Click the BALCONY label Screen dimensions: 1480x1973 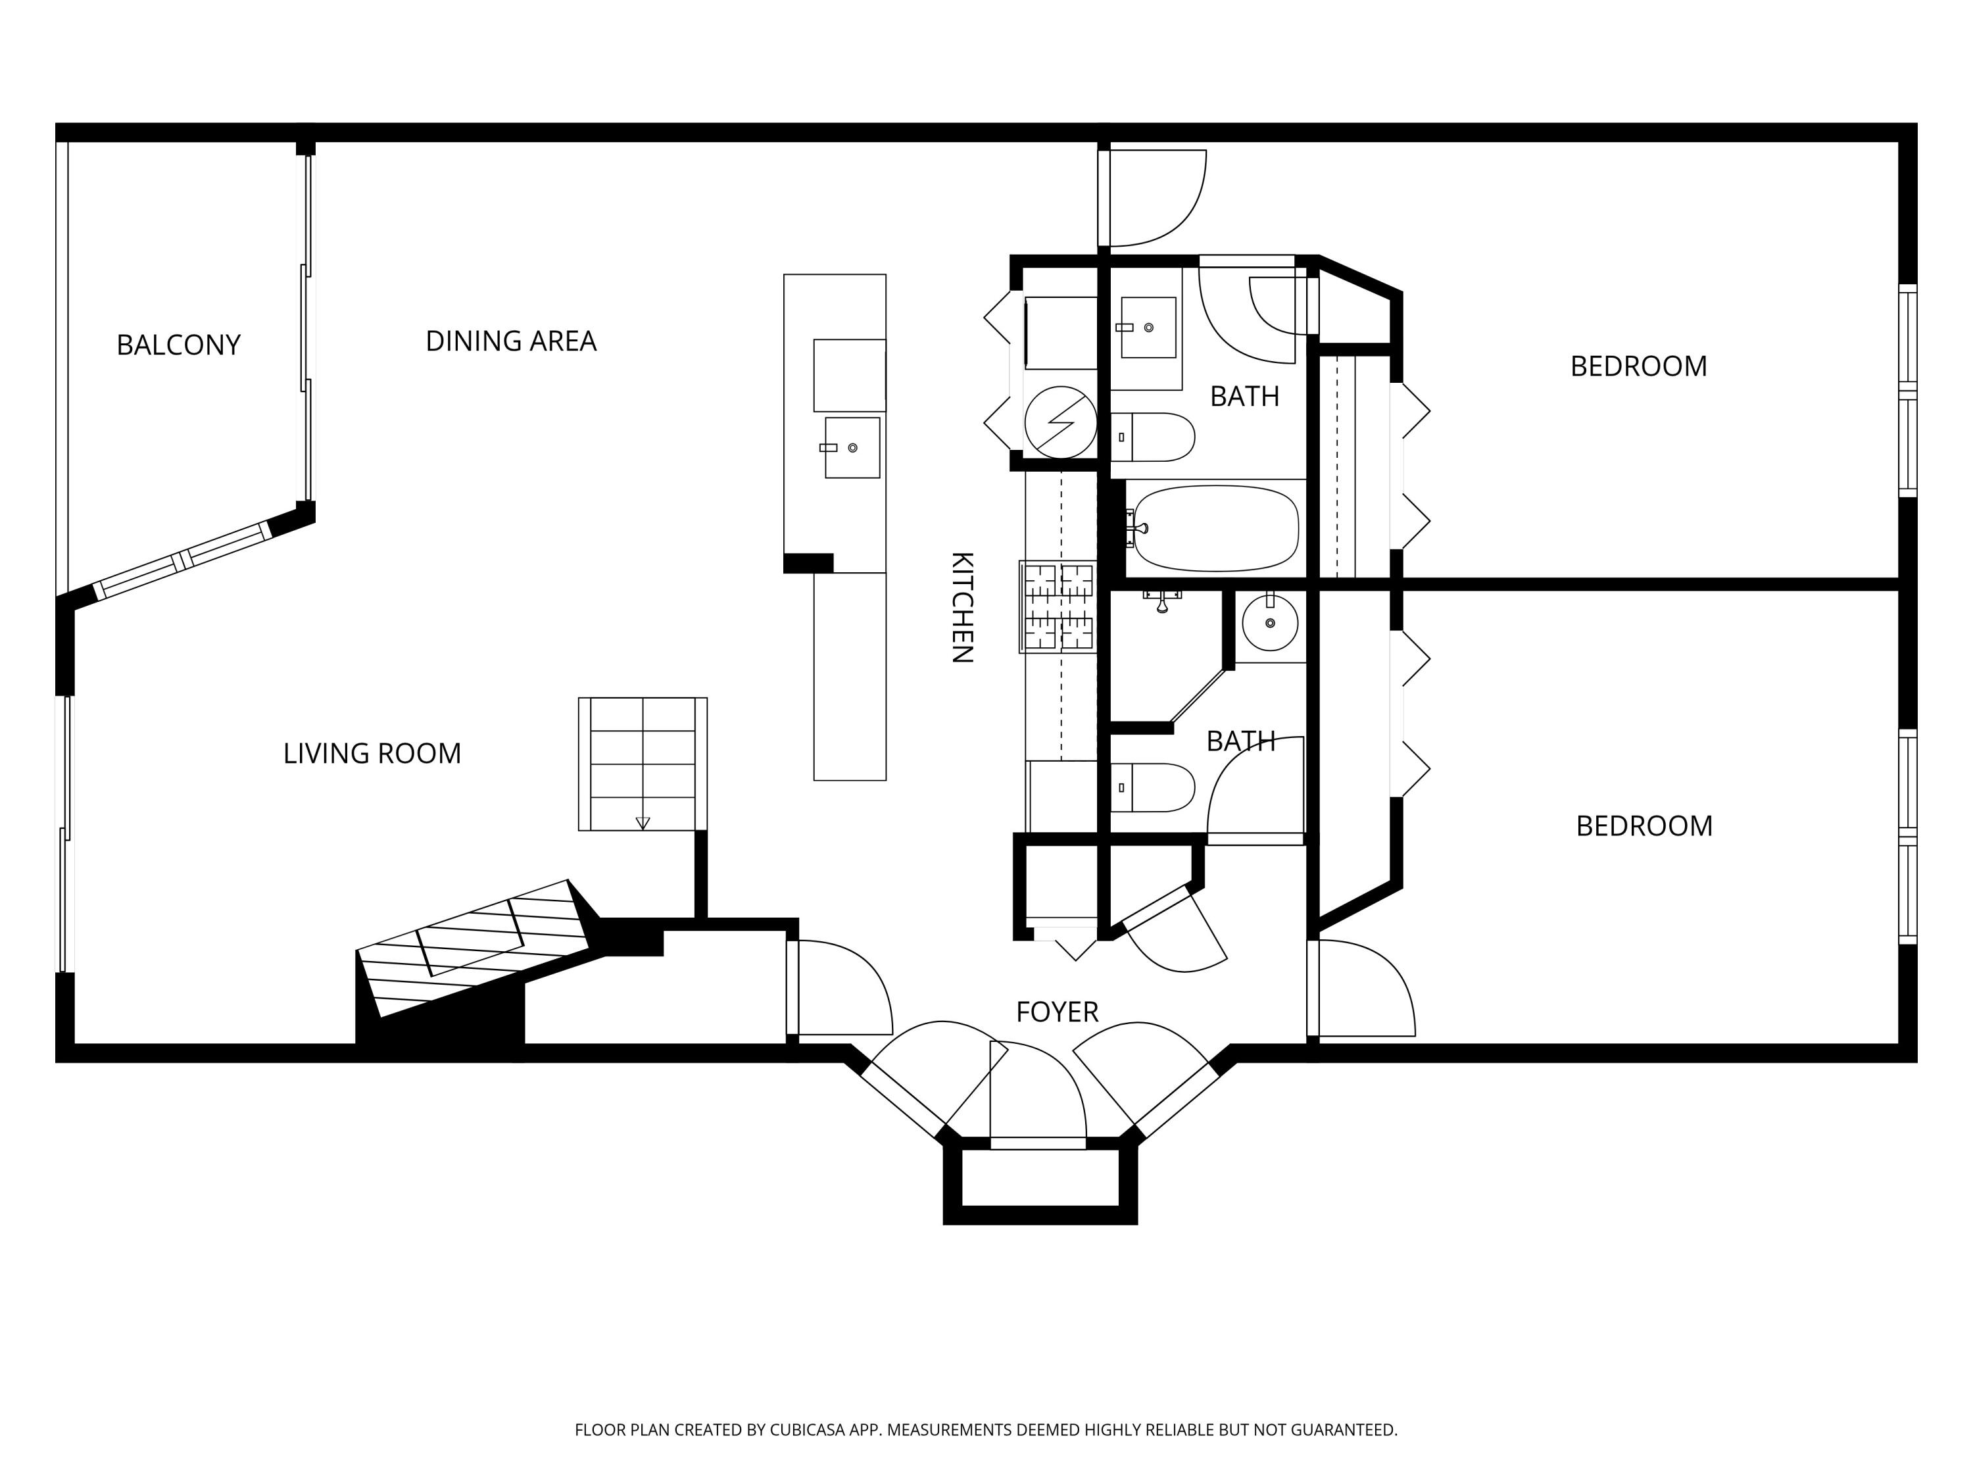pyautogui.click(x=178, y=345)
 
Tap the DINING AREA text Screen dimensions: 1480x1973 pyautogui.click(x=510, y=341)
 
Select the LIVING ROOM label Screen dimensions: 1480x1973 pyautogui.click(x=372, y=754)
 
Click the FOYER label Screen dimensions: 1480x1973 pyautogui.click(x=1057, y=1012)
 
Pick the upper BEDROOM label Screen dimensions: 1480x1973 pyautogui.click(x=1638, y=366)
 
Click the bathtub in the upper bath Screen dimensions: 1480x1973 pyautogui.click(x=1216, y=528)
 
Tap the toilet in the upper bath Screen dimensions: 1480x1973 pyautogui.click(x=1155, y=437)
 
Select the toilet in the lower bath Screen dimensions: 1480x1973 pyautogui.click(x=1155, y=788)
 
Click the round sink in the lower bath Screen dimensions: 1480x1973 pyautogui.click(x=1269, y=623)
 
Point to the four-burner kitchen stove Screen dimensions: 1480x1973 pyautogui.click(x=1058, y=606)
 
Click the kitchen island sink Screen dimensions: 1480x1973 pyautogui.click(x=852, y=448)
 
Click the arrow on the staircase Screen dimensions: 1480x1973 pyautogui.click(x=642, y=822)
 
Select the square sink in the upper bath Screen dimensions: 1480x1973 pyautogui.click(x=1147, y=328)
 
